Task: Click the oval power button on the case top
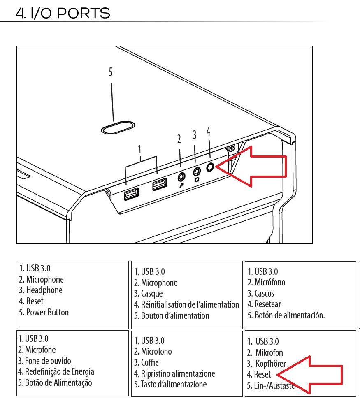coord(118,127)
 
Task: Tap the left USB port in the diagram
coord(131,194)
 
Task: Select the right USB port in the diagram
coord(160,184)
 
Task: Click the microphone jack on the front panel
coord(181,176)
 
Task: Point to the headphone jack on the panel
coord(197,172)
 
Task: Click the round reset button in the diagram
coord(210,167)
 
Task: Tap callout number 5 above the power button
coord(111,72)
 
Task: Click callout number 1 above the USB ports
coord(139,149)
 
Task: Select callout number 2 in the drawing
coord(179,139)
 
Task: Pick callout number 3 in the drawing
coord(195,135)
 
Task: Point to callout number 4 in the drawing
coord(208,132)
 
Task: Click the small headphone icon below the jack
coord(197,180)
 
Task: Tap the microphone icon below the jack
coord(181,185)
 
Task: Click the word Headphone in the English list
coord(44,290)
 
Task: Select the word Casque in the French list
coord(152,294)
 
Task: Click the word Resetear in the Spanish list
coord(267,304)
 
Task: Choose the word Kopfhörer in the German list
coord(271,364)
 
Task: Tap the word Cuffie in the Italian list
coord(150,362)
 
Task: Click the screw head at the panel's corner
coord(232,148)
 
